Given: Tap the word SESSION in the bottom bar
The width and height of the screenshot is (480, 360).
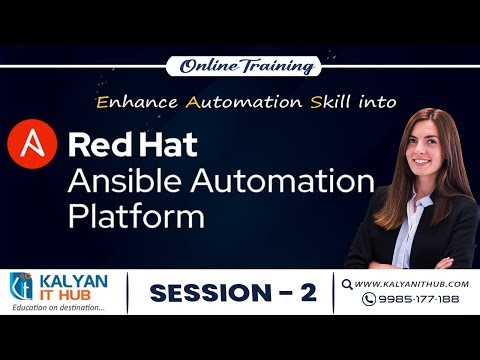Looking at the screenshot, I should [x=206, y=293].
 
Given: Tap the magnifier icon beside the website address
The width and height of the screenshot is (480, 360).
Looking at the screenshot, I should [x=348, y=284].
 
